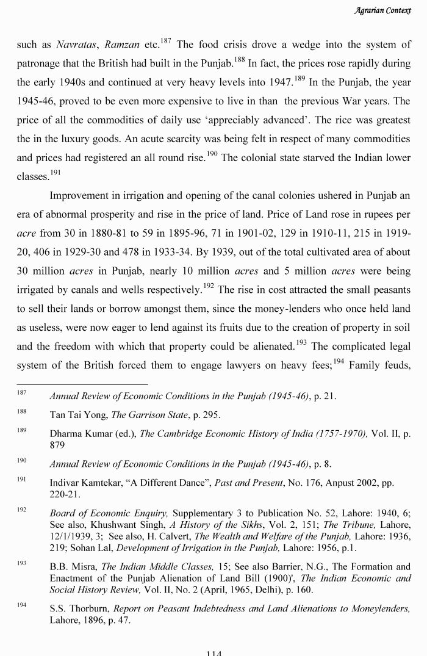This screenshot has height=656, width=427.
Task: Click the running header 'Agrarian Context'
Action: pyautogui.click(x=386, y=10)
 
